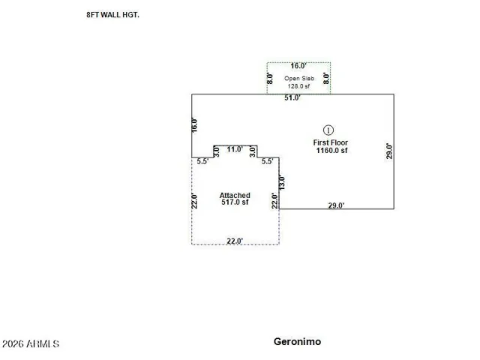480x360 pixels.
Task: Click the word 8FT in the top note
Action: click(92, 15)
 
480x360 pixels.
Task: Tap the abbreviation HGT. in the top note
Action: click(130, 15)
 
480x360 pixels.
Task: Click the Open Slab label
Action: click(299, 78)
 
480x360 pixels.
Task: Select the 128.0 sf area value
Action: click(298, 86)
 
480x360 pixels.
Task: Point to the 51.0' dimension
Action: click(292, 97)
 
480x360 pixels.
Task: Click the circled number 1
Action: click(328, 130)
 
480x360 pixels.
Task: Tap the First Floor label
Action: click(330, 142)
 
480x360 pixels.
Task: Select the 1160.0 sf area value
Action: click(331, 150)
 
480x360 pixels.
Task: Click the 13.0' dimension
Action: click(282, 182)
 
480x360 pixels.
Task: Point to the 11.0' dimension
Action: click(235, 149)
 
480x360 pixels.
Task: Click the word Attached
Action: click(235, 195)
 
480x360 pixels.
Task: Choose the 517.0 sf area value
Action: click(235, 202)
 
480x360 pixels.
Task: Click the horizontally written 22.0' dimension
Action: click(235, 241)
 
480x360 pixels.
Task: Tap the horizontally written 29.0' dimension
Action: click(336, 205)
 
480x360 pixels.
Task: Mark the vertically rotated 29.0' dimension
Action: click(388, 151)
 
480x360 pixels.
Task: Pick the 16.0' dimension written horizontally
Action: click(298, 66)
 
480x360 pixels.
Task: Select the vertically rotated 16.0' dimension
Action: click(194, 125)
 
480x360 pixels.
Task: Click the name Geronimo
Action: click(297, 342)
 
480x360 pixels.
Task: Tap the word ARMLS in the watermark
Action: click(43, 343)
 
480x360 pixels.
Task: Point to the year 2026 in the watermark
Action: click(13, 343)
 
